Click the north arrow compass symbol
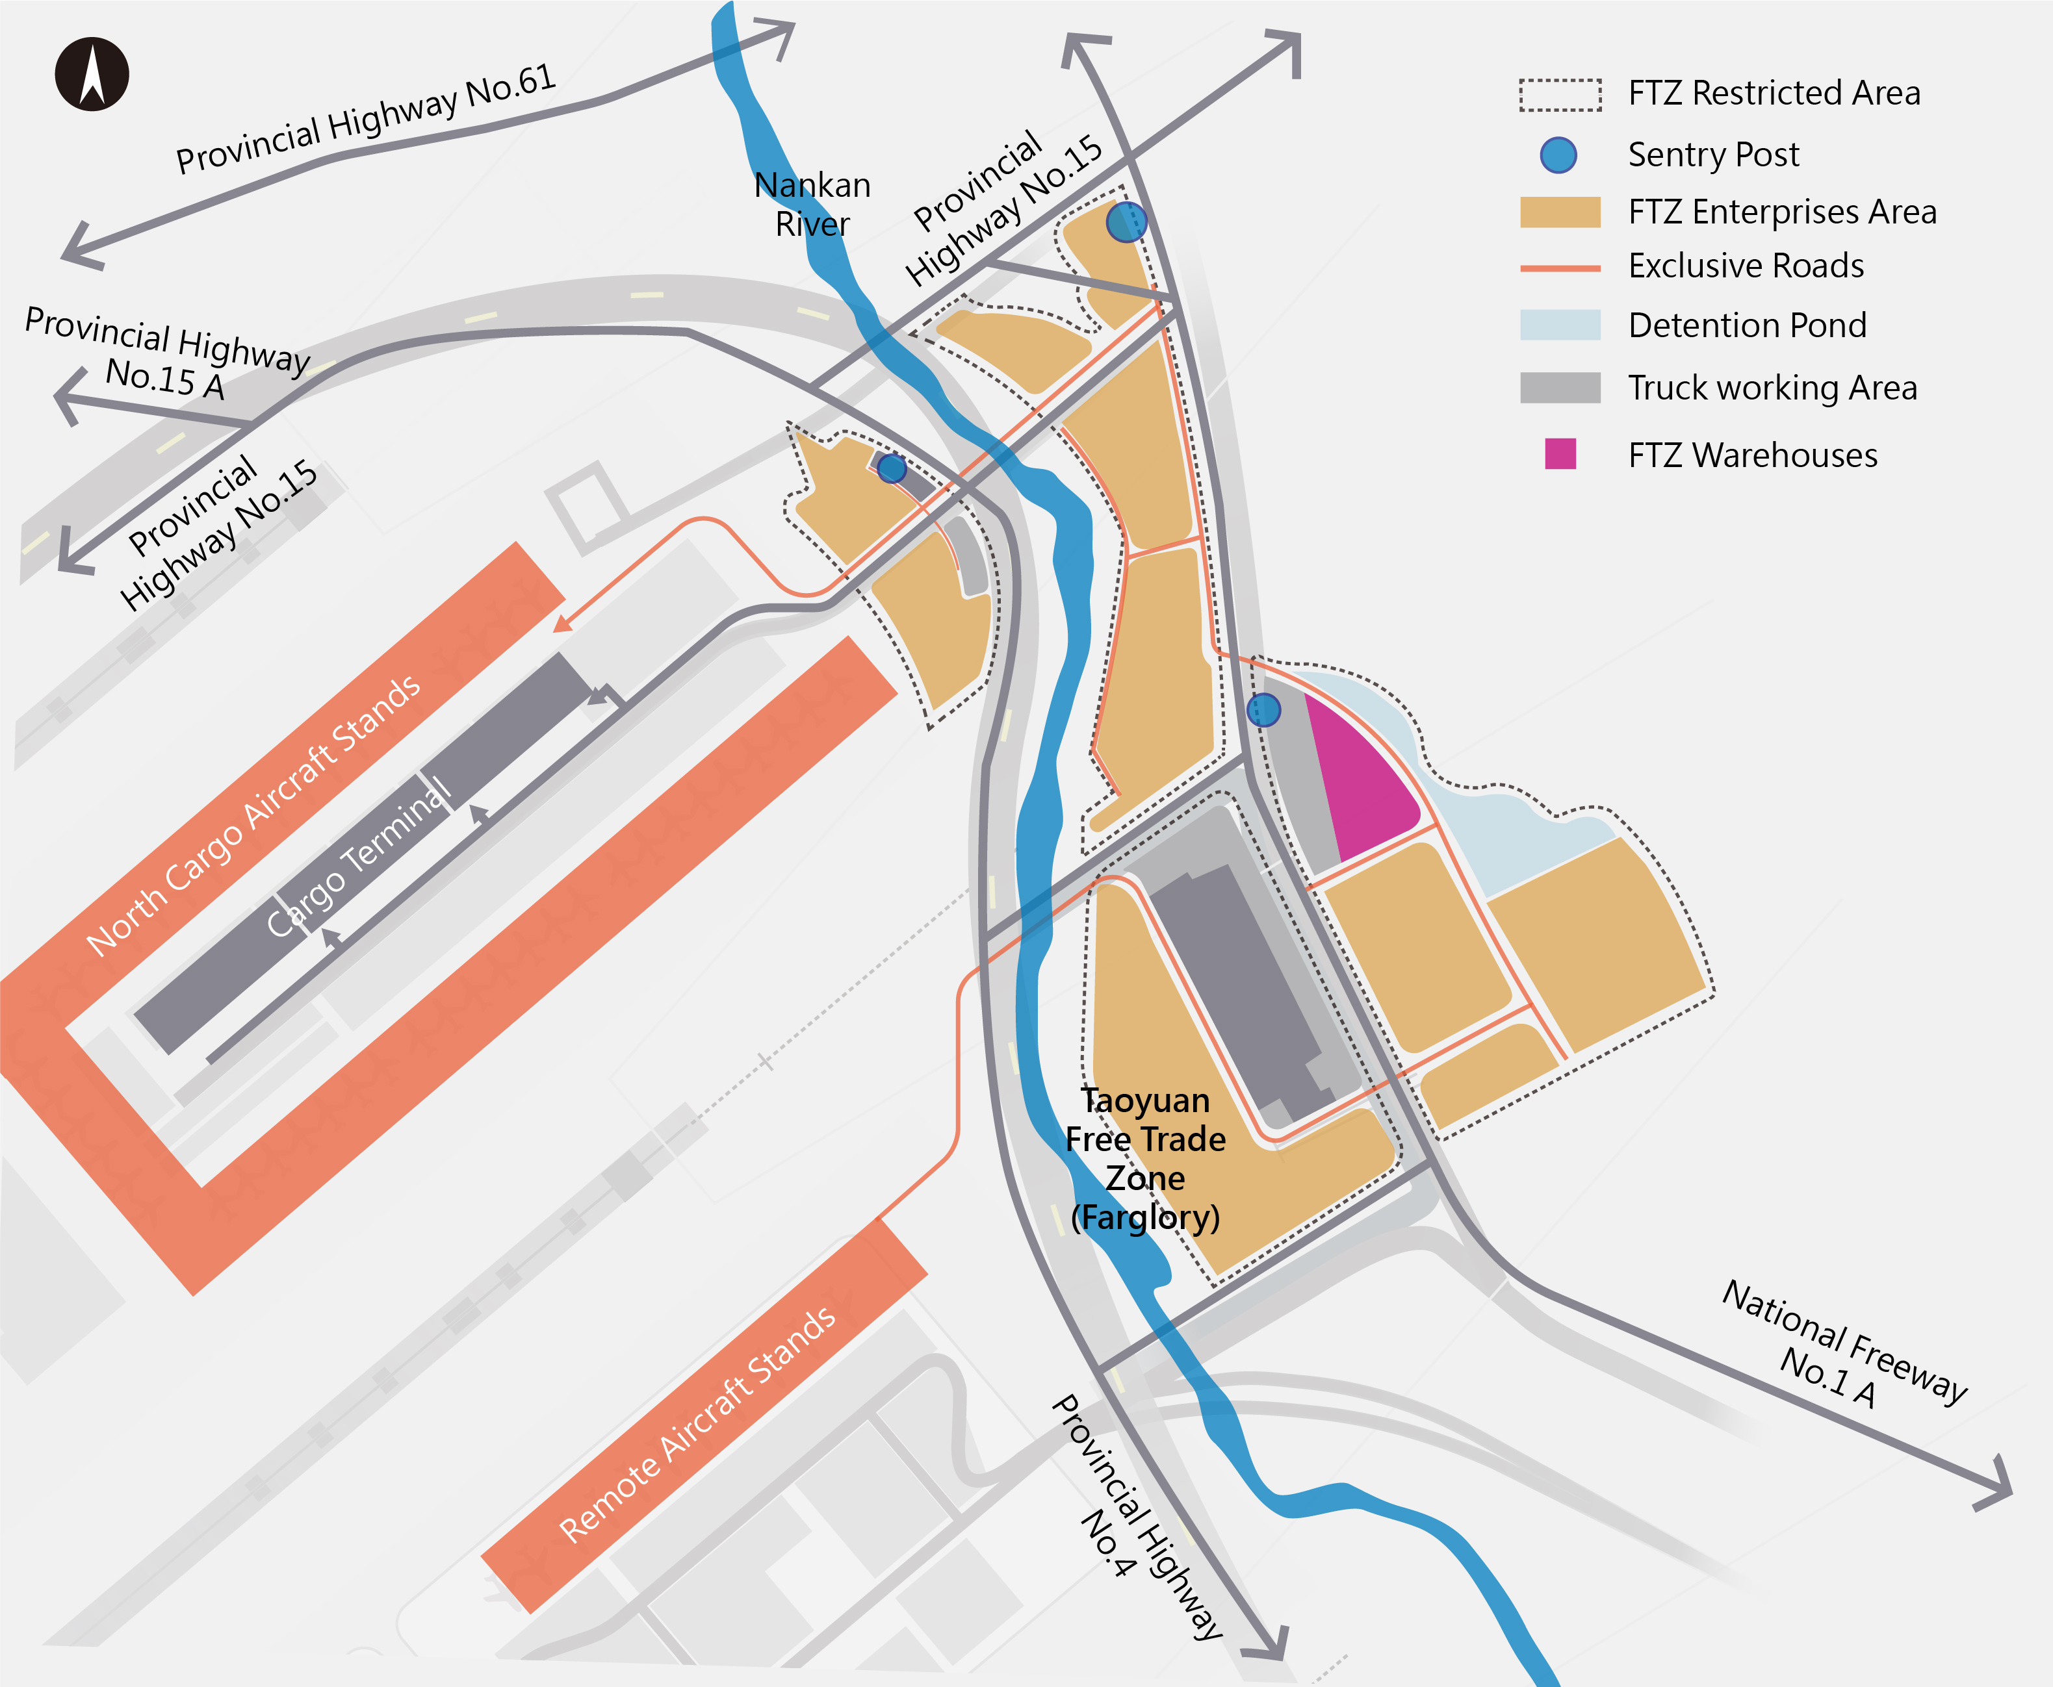point(92,74)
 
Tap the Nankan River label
point(812,204)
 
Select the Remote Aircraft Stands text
point(696,1425)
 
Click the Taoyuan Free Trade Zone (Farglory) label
point(1145,1158)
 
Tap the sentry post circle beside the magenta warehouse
point(1263,711)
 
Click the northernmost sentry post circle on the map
point(1127,222)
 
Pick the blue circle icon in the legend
point(1558,155)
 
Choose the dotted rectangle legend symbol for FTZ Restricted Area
point(1560,94)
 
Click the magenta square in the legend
point(1560,454)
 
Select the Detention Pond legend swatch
point(1560,325)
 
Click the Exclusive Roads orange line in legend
point(1560,267)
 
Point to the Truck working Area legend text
point(1772,388)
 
